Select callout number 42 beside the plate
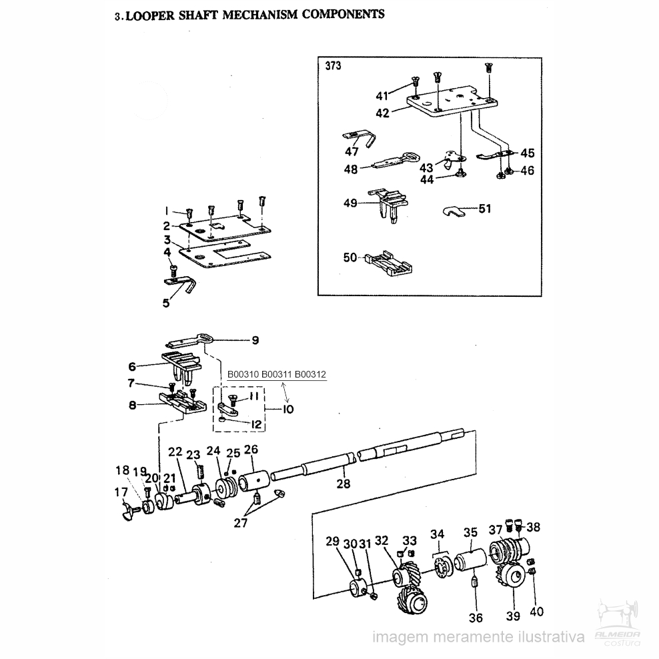[382, 113]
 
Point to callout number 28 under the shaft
[343, 484]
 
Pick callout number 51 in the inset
[484, 209]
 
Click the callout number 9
[254, 341]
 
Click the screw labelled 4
[173, 270]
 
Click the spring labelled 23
[198, 476]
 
